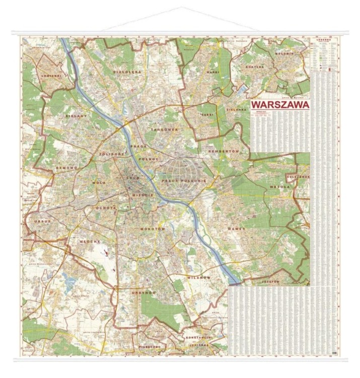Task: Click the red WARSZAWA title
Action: (279, 105)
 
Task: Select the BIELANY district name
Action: (77, 115)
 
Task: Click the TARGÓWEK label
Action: (164, 130)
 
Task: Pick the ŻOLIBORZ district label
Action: (111, 153)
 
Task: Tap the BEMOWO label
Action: (66, 167)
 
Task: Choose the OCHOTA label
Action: (107, 208)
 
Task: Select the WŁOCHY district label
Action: (90, 242)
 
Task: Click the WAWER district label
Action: (236, 228)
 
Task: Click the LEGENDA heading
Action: (323, 40)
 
